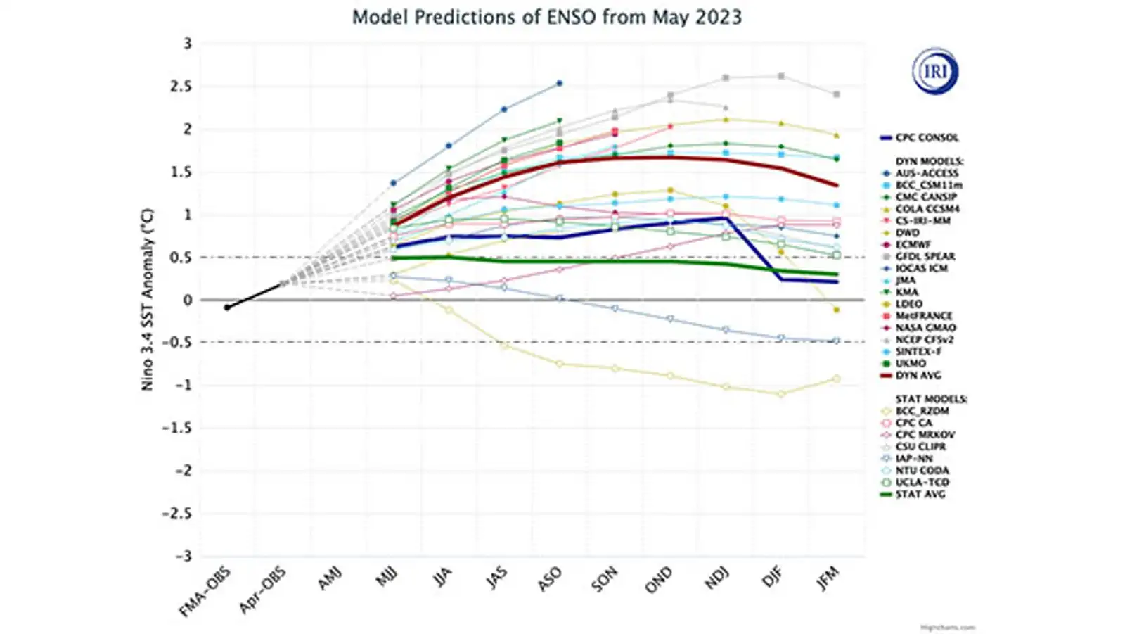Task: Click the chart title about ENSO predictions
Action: point(546,17)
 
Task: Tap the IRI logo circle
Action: point(935,71)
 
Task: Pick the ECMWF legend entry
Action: point(913,244)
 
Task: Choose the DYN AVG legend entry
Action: point(918,376)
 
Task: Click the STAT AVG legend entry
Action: point(920,495)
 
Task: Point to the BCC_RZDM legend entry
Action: point(922,411)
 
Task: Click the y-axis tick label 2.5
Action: point(181,87)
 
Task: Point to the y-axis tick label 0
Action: point(187,300)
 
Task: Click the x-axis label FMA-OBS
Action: point(205,592)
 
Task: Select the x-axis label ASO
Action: point(549,578)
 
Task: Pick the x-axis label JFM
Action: point(827,578)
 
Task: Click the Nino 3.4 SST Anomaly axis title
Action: point(148,299)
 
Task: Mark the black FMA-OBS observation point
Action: point(227,308)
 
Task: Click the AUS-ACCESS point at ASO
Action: point(559,83)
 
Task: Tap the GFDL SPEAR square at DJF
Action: point(780,76)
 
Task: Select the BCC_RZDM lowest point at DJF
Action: point(780,394)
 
